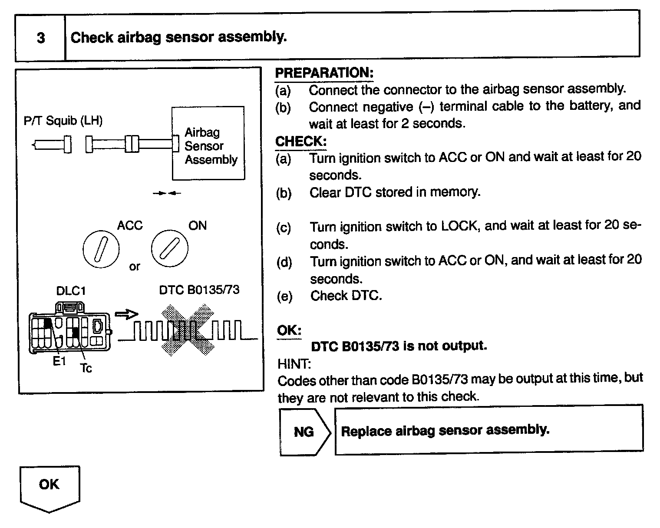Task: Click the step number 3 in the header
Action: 40,38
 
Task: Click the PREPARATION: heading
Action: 324,73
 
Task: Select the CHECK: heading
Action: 301,141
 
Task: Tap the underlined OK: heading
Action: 289,330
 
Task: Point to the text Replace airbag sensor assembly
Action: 445,430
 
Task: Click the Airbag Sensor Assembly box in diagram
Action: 209,144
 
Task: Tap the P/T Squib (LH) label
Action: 63,120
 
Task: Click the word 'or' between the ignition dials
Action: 135,267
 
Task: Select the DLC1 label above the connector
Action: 71,290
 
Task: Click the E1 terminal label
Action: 59,361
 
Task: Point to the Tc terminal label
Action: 86,368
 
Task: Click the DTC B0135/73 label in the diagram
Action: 199,290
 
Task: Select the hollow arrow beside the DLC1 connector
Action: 126,314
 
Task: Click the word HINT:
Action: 294,363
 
